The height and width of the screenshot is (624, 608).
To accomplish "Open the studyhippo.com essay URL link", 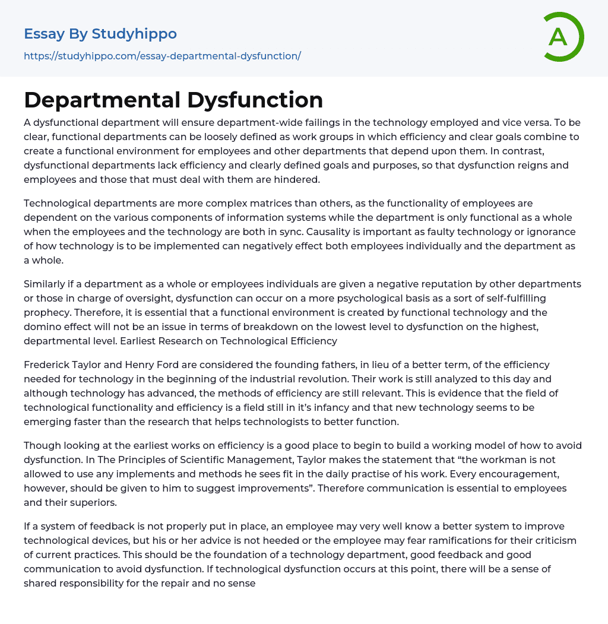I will pos(162,56).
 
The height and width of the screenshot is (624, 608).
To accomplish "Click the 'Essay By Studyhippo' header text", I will pos(100,34).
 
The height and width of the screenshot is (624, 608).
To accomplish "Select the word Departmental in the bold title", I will pos(102,100).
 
